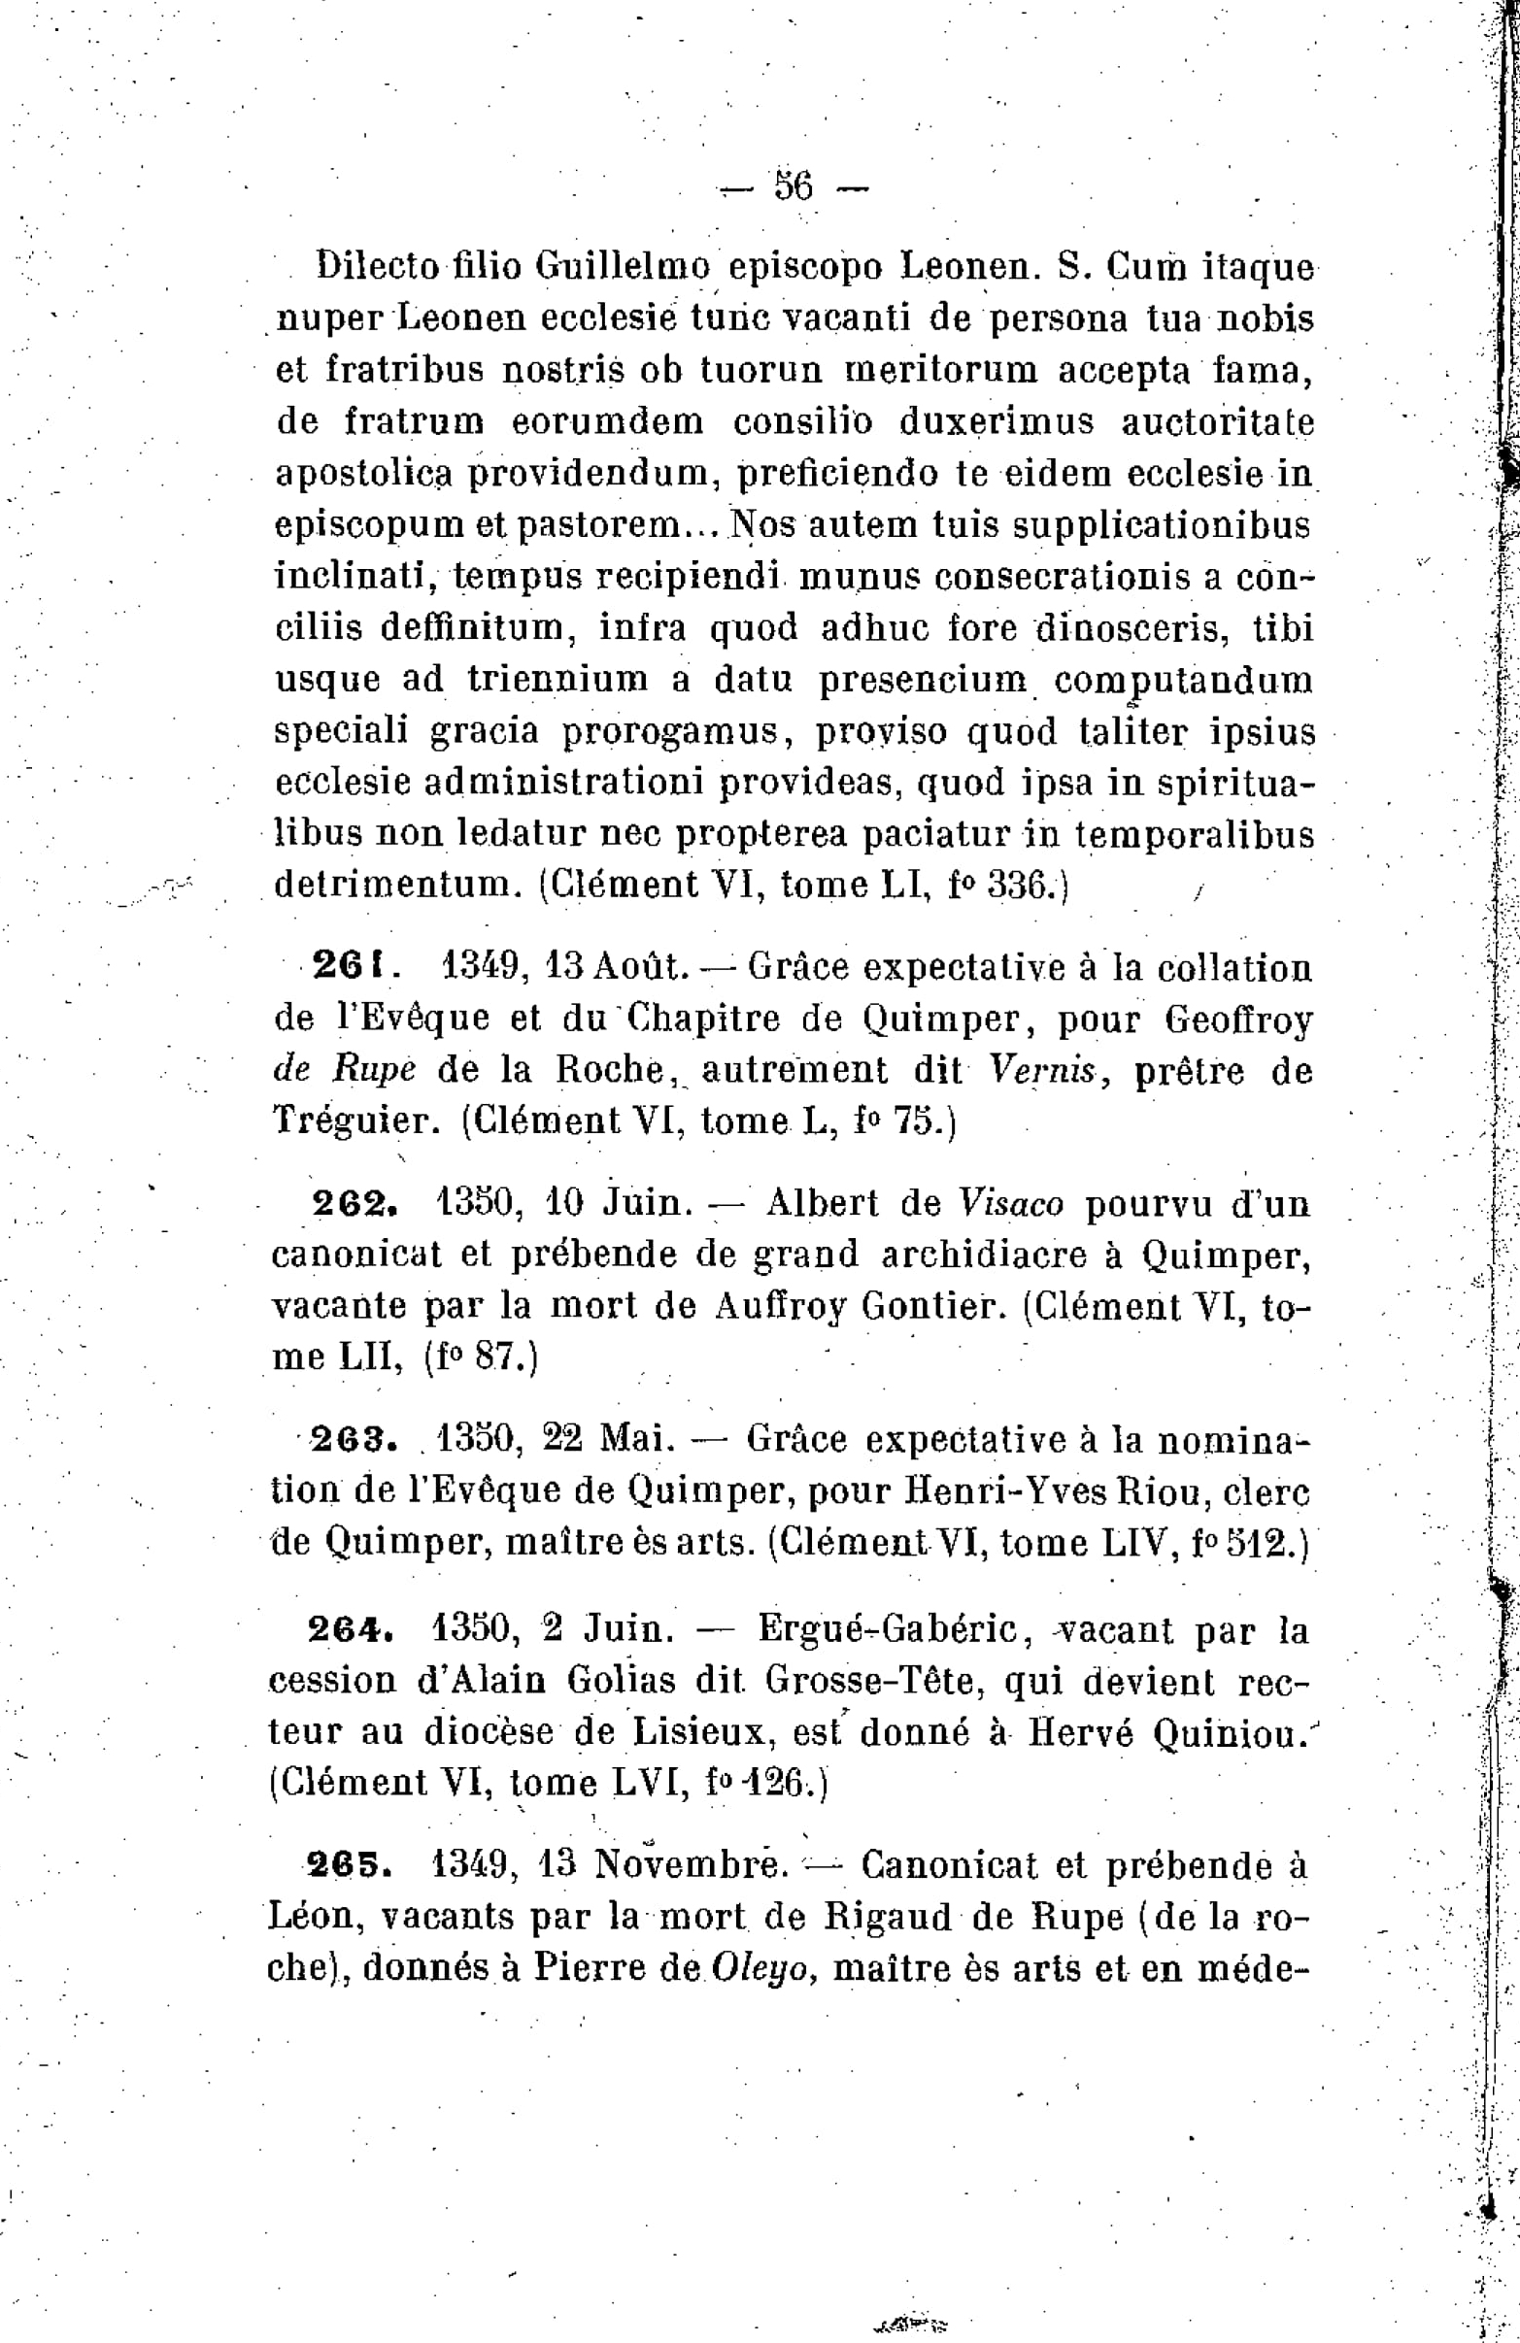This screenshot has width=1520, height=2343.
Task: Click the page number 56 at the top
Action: [794, 186]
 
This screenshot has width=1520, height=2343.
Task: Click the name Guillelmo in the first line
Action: [623, 266]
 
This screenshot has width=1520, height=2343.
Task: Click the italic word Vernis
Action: [1047, 1070]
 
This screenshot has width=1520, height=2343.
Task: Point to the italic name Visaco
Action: [1011, 1203]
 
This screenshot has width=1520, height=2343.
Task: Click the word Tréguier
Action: [355, 1121]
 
